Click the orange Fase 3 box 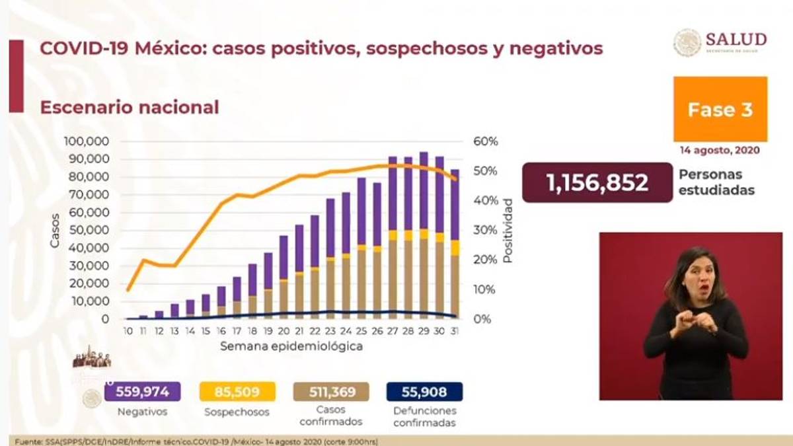tap(720, 109)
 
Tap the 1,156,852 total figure tap(597, 182)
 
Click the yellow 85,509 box tap(237, 392)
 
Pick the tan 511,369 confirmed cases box tap(331, 392)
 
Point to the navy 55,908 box tap(425, 392)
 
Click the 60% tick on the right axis tap(484, 141)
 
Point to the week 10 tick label tap(128, 331)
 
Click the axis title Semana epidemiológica tap(291, 346)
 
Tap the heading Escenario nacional tap(130, 107)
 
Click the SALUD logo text tap(736, 39)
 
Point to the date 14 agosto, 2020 tap(720, 150)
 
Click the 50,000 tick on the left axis tap(89, 230)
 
